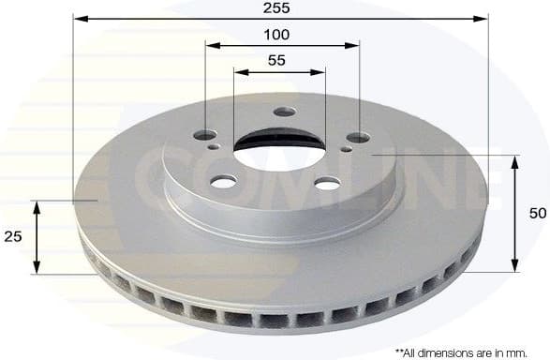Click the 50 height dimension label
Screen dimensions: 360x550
click(537, 214)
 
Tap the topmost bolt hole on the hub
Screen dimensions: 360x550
click(284, 112)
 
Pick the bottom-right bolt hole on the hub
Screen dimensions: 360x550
click(326, 184)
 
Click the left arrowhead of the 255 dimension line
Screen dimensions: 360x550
click(80, 18)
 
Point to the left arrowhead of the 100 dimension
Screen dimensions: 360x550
click(211, 44)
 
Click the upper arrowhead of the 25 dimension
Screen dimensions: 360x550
click(37, 205)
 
